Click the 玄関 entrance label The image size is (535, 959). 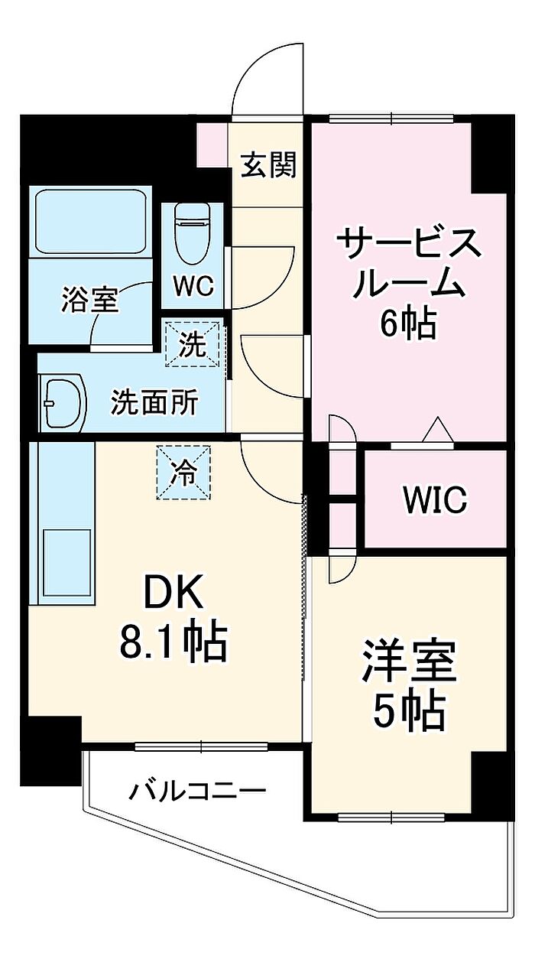point(268,164)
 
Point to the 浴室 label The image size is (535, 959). point(89,300)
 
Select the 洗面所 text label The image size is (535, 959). point(154,401)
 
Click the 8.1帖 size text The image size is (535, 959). point(173,642)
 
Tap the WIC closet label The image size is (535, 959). point(434,499)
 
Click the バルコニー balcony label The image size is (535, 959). point(197,789)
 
